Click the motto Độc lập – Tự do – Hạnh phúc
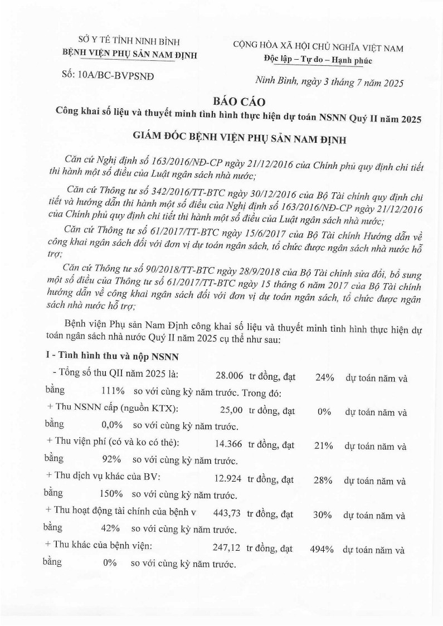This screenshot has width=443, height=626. click(x=318, y=60)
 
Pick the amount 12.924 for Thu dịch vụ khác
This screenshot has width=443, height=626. click(x=228, y=480)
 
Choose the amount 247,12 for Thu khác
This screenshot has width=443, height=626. click(x=227, y=549)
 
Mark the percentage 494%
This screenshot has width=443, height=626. click(x=322, y=550)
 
